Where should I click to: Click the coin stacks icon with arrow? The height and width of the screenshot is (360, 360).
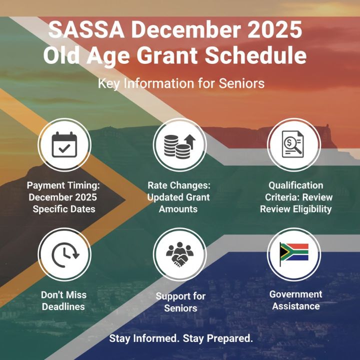pyautogui.click(x=179, y=144)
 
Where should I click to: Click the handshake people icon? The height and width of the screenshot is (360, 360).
pyautogui.click(x=179, y=255)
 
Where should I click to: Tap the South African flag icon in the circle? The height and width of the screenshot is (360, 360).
pyautogui.click(x=294, y=254)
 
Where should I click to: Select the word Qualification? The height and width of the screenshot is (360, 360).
pyautogui.click(x=295, y=185)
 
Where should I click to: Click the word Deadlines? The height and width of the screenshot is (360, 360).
pyautogui.click(x=63, y=306)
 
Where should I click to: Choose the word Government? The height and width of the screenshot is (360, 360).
pyautogui.click(x=295, y=294)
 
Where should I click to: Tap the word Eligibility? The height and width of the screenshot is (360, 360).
pyautogui.click(x=310, y=209)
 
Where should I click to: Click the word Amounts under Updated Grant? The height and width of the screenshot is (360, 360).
pyautogui.click(x=178, y=209)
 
